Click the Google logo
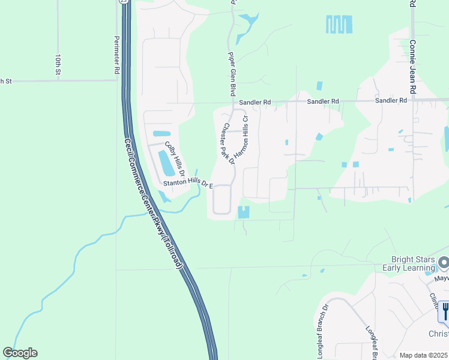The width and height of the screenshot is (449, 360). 20,353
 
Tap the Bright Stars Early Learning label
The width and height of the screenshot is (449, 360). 408,263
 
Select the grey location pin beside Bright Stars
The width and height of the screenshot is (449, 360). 444,263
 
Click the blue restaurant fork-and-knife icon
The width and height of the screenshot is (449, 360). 445,310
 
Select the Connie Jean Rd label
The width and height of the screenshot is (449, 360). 412,66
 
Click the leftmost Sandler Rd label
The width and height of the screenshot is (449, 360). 255,103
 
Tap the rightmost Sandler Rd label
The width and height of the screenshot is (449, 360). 391,101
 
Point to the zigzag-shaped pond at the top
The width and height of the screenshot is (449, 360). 339,24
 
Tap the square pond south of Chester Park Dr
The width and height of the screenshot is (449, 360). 244,212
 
